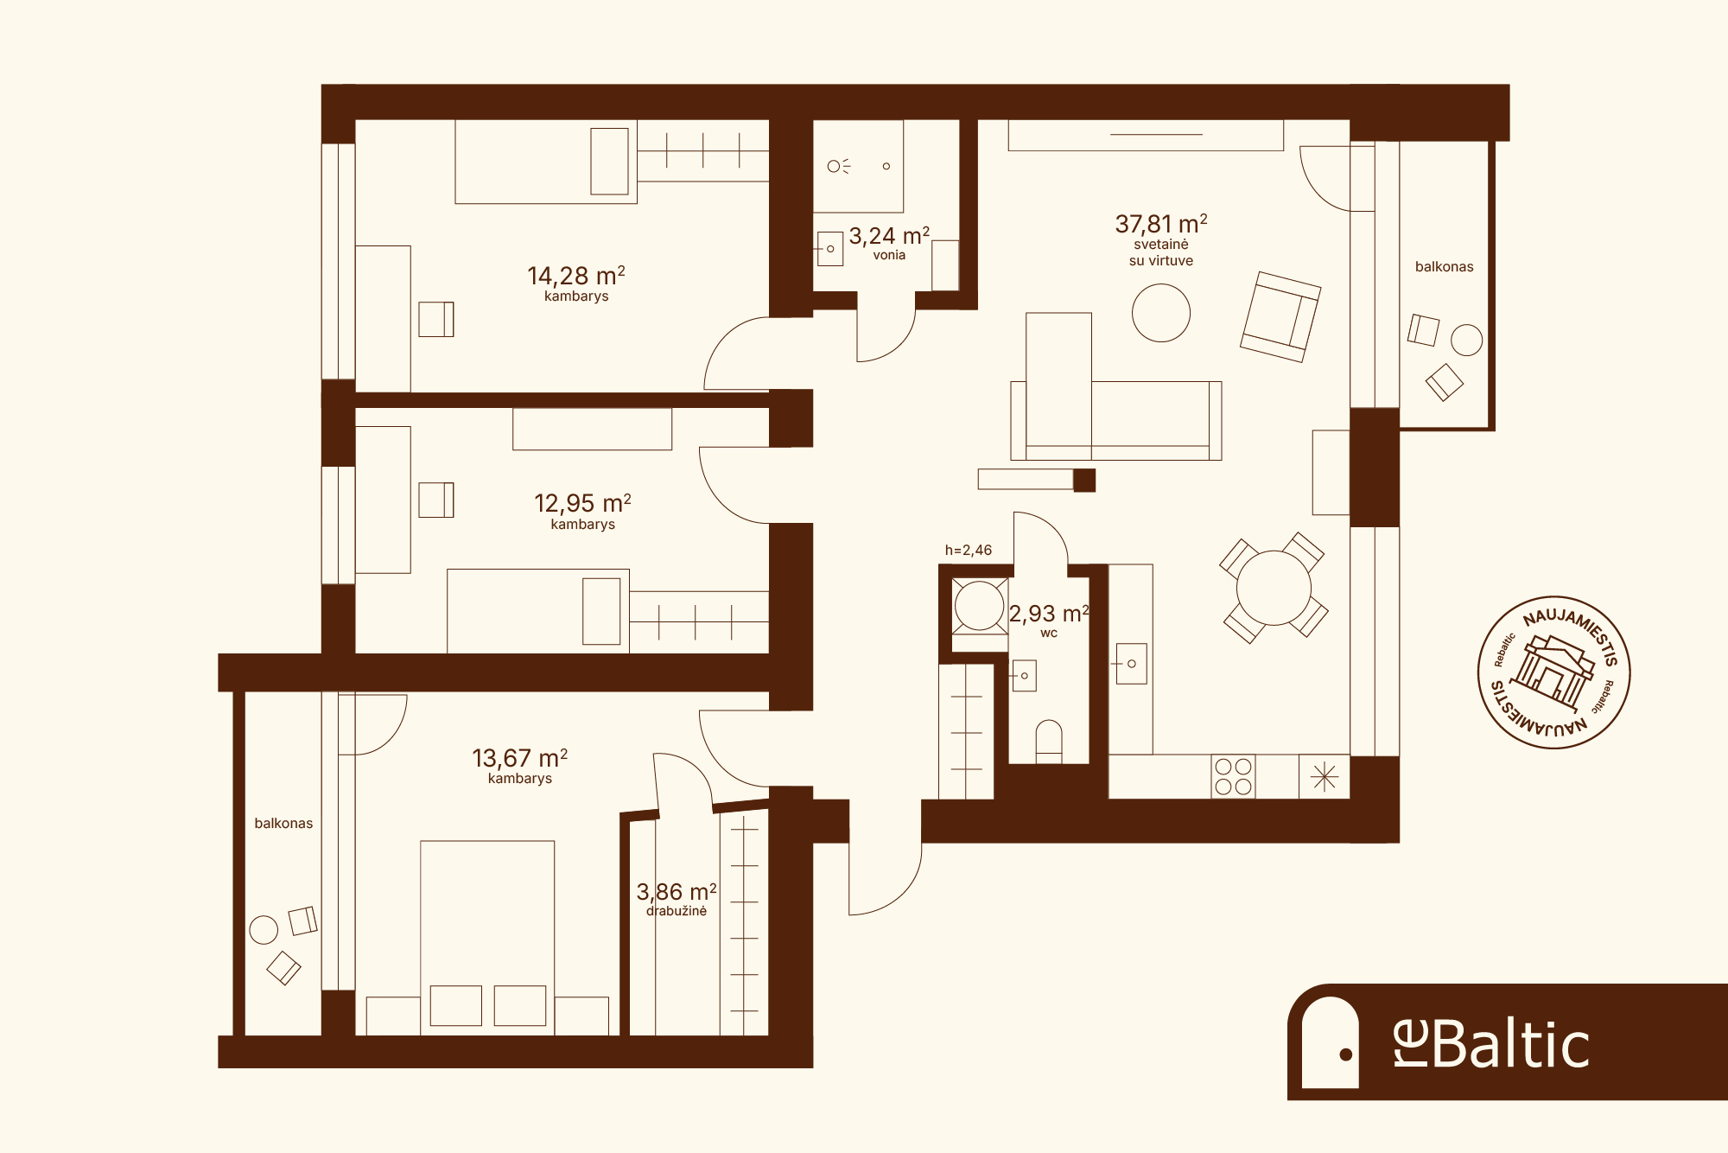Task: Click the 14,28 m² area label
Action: click(x=576, y=276)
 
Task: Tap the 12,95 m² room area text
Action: click(x=582, y=503)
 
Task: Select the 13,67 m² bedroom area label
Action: click(x=519, y=758)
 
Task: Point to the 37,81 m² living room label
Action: click(x=1161, y=224)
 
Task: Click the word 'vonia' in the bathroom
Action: click(x=889, y=255)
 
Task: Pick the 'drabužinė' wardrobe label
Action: click(x=677, y=911)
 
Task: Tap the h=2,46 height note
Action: click(x=969, y=550)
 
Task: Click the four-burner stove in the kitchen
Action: click(x=1233, y=776)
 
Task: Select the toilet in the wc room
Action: click(x=1049, y=742)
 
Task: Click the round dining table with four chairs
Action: click(x=1274, y=588)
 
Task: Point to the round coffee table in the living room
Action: click(x=1161, y=313)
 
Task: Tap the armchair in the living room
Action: click(x=1280, y=316)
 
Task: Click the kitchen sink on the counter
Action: click(x=1131, y=664)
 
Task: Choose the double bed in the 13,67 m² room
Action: click(x=487, y=938)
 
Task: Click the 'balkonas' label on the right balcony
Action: click(x=1445, y=266)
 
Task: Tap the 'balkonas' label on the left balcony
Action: click(x=283, y=823)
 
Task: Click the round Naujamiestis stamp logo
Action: click(x=1553, y=672)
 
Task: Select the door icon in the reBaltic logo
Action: click(x=1331, y=1042)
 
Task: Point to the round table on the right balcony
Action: click(x=1466, y=340)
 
